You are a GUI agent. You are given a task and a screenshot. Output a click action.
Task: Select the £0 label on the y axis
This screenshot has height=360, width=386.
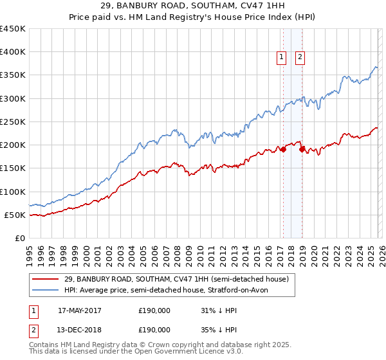click(19, 238)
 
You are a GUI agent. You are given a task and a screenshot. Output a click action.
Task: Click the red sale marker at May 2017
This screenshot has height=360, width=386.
click(282, 149)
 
